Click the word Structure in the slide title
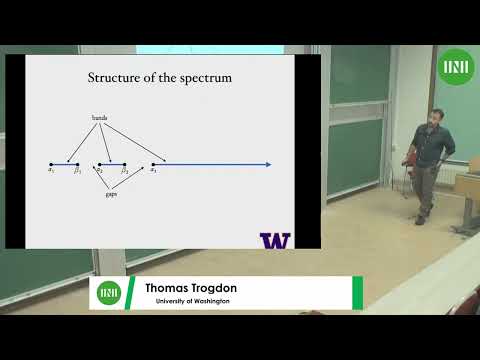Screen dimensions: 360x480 114,77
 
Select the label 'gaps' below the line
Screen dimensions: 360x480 112,195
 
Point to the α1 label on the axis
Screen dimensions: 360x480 50,171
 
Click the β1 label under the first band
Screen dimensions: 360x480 76,171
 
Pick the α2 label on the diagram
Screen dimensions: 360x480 100,171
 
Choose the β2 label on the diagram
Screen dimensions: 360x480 125,171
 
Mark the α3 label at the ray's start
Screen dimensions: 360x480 153,171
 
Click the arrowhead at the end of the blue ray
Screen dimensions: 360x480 268,164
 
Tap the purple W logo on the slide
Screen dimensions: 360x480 275,240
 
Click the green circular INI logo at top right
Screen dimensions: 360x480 456,68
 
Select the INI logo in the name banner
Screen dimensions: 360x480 109,293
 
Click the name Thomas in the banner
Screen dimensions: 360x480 168,288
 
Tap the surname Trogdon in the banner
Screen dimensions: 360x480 214,288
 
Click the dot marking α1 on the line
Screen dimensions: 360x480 51,164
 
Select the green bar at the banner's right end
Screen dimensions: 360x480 357,293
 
